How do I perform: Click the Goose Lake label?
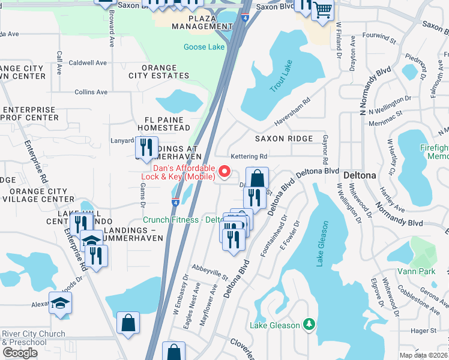[205, 47]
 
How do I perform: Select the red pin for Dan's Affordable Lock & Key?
[225, 172]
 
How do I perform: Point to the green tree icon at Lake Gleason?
[309, 325]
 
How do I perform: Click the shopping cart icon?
[323, 11]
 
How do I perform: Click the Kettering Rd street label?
[249, 156]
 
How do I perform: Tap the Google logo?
[20, 352]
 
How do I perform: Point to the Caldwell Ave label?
[88, 62]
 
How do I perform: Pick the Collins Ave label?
[91, 92]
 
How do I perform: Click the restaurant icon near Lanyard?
[146, 147]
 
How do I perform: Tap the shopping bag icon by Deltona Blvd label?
[257, 178]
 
